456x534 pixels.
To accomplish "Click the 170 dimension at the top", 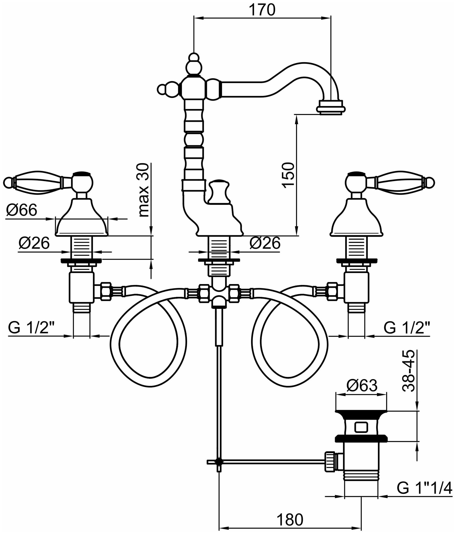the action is tap(262, 10).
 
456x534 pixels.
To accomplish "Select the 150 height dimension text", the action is tap(289, 175).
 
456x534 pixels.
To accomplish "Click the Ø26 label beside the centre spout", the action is tap(265, 243).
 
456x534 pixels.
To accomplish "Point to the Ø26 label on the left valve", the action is tap(34, 243).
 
